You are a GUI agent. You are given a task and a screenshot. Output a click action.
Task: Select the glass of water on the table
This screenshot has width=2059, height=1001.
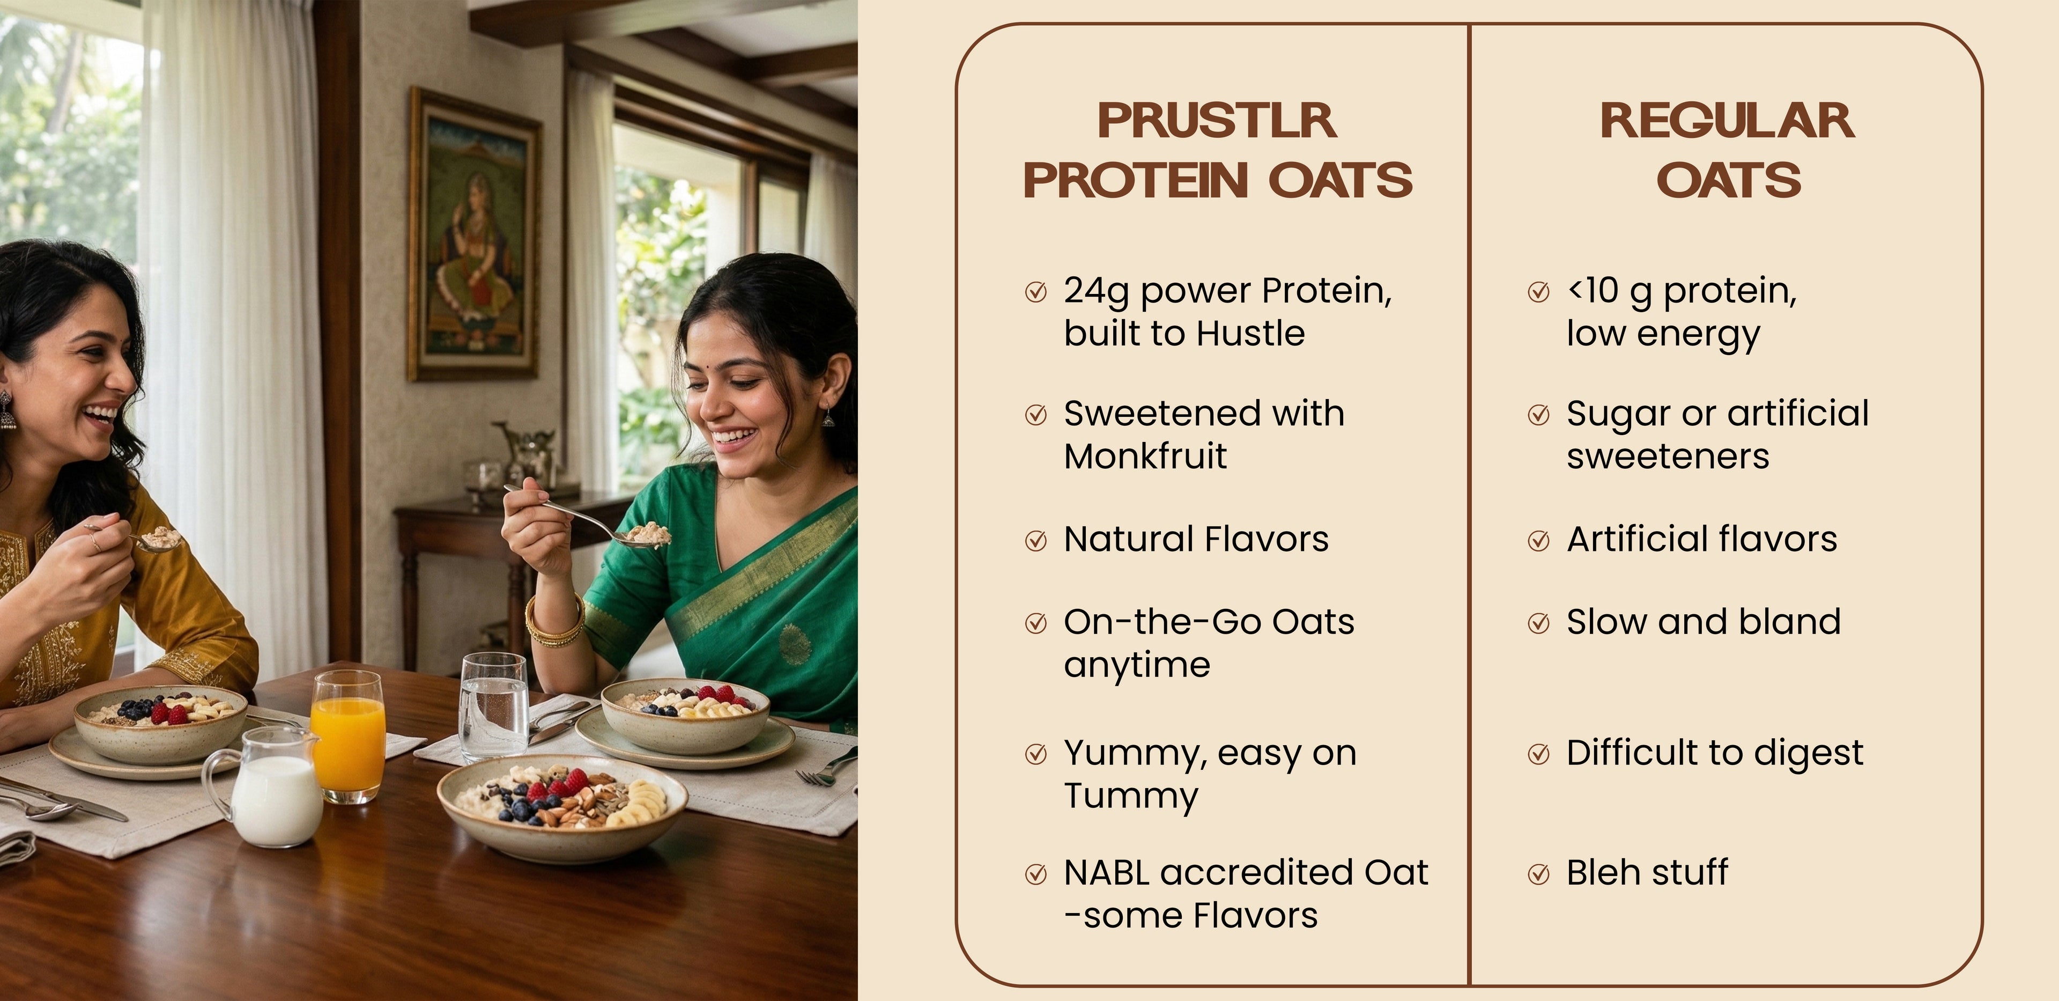click(x=493, y=707)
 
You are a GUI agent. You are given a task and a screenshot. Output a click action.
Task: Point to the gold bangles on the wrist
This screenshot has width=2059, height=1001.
click(x=553, y=623)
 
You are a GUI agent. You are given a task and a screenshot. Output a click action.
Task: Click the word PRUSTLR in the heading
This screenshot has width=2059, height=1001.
click(x=1217, y=121)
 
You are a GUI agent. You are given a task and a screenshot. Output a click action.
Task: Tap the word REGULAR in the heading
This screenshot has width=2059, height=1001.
click(x=1727, y=121)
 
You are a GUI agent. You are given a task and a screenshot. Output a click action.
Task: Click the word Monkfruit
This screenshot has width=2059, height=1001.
click(x=1145, y=457)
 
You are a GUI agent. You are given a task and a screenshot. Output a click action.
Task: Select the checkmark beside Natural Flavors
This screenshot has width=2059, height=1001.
click(x=1036, y=541)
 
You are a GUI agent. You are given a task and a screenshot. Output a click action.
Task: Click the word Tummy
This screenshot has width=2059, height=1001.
click(x=1131, y=798)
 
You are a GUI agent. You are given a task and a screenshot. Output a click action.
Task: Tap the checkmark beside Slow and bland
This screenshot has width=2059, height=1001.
click(x=1539, y=624)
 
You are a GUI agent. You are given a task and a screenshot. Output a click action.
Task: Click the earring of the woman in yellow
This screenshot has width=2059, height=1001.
click(x=7, y=410)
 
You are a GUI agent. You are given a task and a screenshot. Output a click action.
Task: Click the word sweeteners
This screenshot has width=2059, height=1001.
click(x=1668, y=457)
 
